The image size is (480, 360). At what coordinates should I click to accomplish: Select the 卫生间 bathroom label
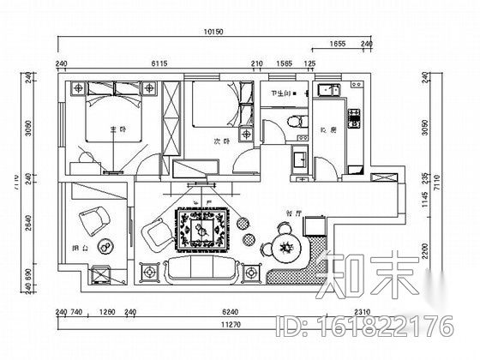point(279,93)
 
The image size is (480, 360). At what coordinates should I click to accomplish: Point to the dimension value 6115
point(159,63)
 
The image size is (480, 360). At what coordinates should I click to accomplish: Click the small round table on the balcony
point(106,249)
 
